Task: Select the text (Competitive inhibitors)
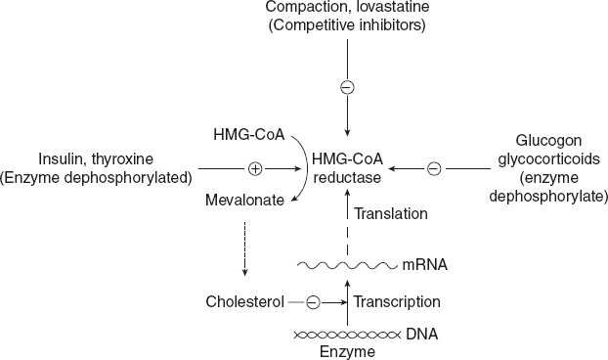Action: tap(347, 26)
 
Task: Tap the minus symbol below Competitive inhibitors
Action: tap(346, 88)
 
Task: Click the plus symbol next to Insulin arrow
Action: tap(255, 168)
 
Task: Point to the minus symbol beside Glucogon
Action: tap(434, 168)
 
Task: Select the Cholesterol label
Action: tap(244, 302)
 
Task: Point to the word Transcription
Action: tap(396, 302)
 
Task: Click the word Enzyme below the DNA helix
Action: tap(346, 350)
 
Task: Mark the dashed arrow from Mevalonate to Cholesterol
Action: tap(244, 252)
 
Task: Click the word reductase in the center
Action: tap(346, 177)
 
